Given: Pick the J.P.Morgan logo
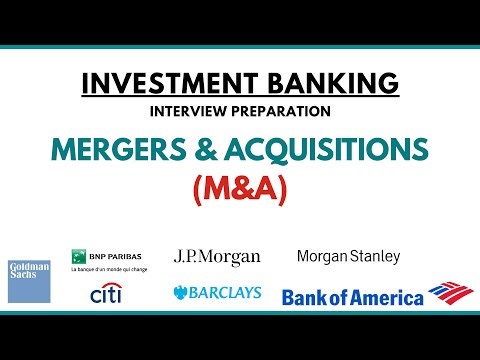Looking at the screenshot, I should click(x=217, y=257).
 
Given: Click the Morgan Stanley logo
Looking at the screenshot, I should click(x=348, y=257).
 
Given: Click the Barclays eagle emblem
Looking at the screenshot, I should click(x=181, y=293).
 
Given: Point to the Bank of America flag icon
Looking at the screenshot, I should click(x=450, y=293).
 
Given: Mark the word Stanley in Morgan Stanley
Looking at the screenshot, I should click(x=374, y=257).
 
